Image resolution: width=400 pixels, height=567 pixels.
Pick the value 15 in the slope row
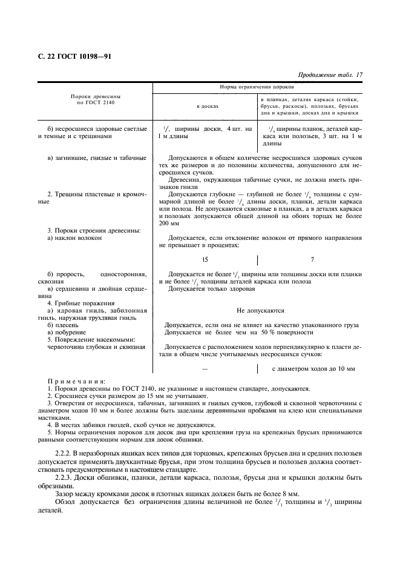205,259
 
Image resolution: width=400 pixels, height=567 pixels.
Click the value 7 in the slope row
312,259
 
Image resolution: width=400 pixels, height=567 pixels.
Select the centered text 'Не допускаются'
260,311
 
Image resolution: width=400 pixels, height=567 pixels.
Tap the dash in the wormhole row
205,368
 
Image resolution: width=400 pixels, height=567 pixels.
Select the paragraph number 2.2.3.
66,478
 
